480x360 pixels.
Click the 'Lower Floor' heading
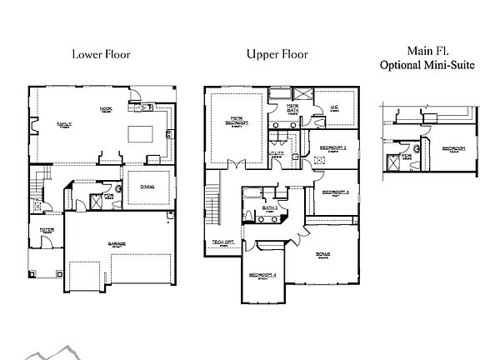tap(100, 55)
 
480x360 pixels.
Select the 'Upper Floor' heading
tap(277, 55)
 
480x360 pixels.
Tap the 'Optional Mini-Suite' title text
tap(421, 64)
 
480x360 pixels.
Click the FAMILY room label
tap(64, 124)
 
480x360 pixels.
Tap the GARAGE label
tap(116, 244)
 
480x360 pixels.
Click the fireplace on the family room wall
tap(33, 127)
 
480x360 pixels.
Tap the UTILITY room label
tap(277, 153)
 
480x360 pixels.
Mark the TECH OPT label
tap(222, 242)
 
